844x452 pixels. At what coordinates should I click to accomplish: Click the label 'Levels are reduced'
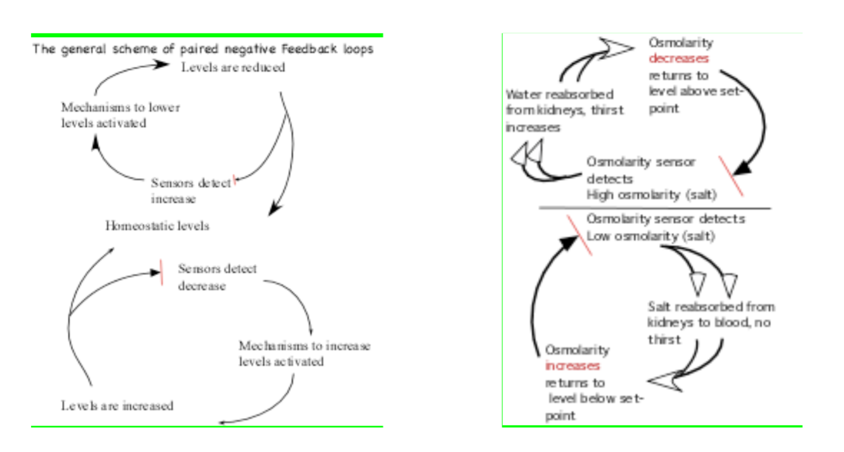click(x=233, y=68)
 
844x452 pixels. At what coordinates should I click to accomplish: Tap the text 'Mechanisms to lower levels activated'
click(x=120, y=115)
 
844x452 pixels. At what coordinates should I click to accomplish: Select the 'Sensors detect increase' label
click(x=190, y=191)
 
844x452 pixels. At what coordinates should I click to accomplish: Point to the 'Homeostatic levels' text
click(x=157, y=226)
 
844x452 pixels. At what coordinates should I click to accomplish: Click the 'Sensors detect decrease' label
click(x=217, y=277)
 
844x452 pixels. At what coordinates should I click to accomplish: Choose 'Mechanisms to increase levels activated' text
click(x=304, y=354)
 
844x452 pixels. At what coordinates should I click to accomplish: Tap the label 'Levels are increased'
click(x=117, y=406)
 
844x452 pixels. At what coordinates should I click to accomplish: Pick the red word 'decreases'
click(x=679, y=59)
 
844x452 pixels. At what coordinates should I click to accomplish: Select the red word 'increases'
click(x=572, y=366)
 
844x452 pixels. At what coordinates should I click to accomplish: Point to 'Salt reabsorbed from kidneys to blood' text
click(x=711, y=314)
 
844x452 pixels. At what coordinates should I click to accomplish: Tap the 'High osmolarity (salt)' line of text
click(x=651, y=195)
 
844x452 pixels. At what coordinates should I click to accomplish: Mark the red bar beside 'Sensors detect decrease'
click(x=162, y=272)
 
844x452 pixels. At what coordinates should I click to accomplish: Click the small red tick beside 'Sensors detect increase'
click(x=235, y=182)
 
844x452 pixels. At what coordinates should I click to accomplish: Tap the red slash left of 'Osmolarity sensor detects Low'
click(x=579, y=235)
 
